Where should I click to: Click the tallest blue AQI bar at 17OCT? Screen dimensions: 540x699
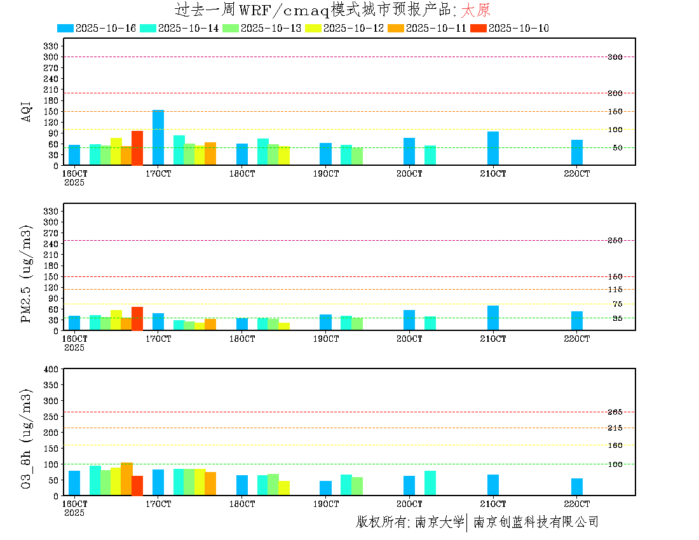[x=158, y=137]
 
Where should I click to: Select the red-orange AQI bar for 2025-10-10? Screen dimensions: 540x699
[x=137, y=148]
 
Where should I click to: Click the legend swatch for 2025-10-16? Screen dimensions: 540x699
[x=65, y=28]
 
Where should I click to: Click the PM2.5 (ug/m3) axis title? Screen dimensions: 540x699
[x=26, y=274]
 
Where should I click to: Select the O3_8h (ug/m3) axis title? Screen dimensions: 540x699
[x=26, y=438]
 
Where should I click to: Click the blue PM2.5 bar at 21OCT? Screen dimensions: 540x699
[x=493, y=318]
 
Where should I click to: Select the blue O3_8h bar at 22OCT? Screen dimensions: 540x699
[x=577, y=487]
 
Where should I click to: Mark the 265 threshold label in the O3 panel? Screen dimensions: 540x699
[x=614, y=412]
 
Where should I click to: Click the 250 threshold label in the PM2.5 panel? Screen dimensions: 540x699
[x=614, y=240]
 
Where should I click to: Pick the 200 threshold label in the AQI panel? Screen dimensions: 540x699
[x=614, y=93]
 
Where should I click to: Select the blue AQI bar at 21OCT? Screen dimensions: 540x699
[x=493, y=148]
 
